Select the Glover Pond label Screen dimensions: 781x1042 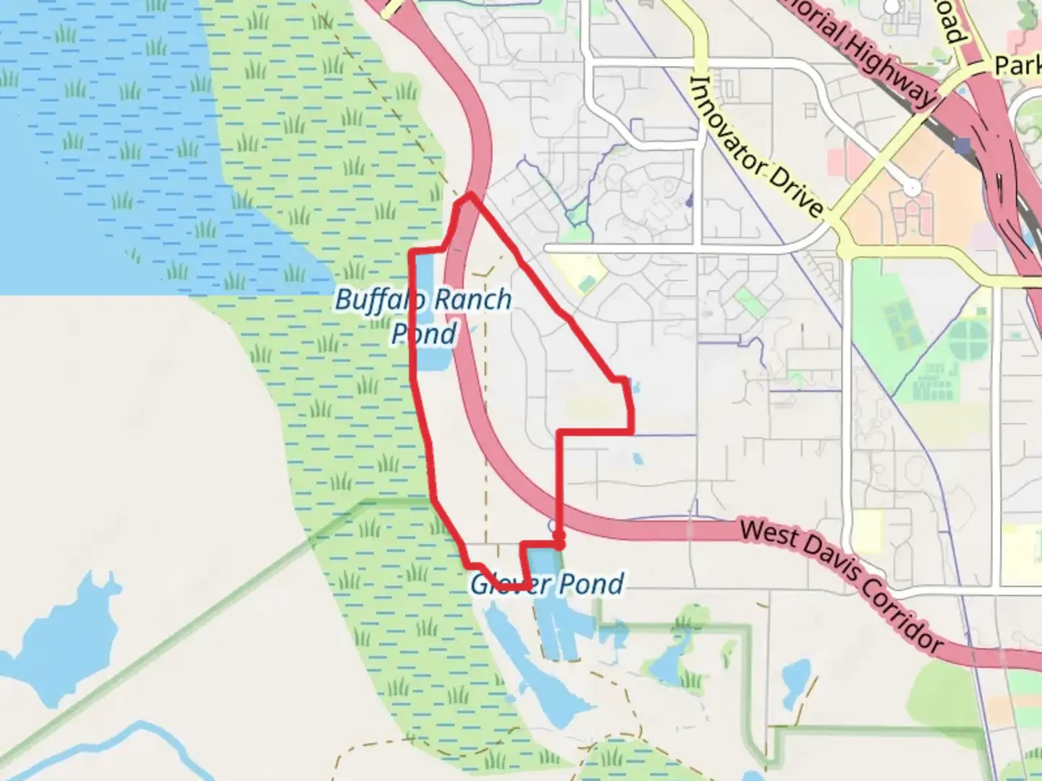(547, 584)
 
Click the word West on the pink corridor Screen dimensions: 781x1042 (768, 536)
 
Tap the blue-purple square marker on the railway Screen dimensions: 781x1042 (962, 146)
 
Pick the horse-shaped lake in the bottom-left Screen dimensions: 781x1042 (62, 626)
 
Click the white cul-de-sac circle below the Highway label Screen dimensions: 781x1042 (913, 188)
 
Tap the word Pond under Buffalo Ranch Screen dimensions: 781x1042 (424, 334)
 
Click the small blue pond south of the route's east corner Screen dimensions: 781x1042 (637, 458)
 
